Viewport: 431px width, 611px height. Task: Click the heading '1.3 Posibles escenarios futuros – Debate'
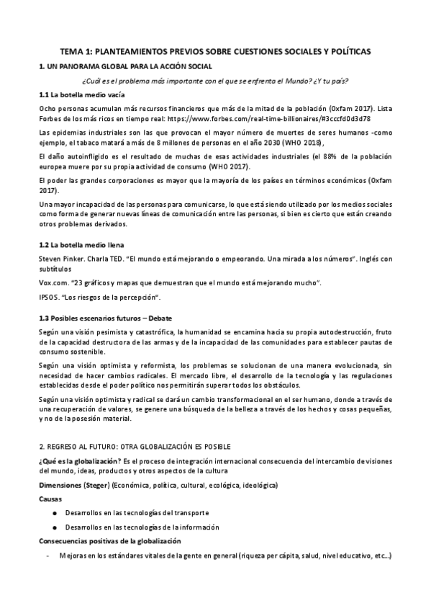[105, 318]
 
